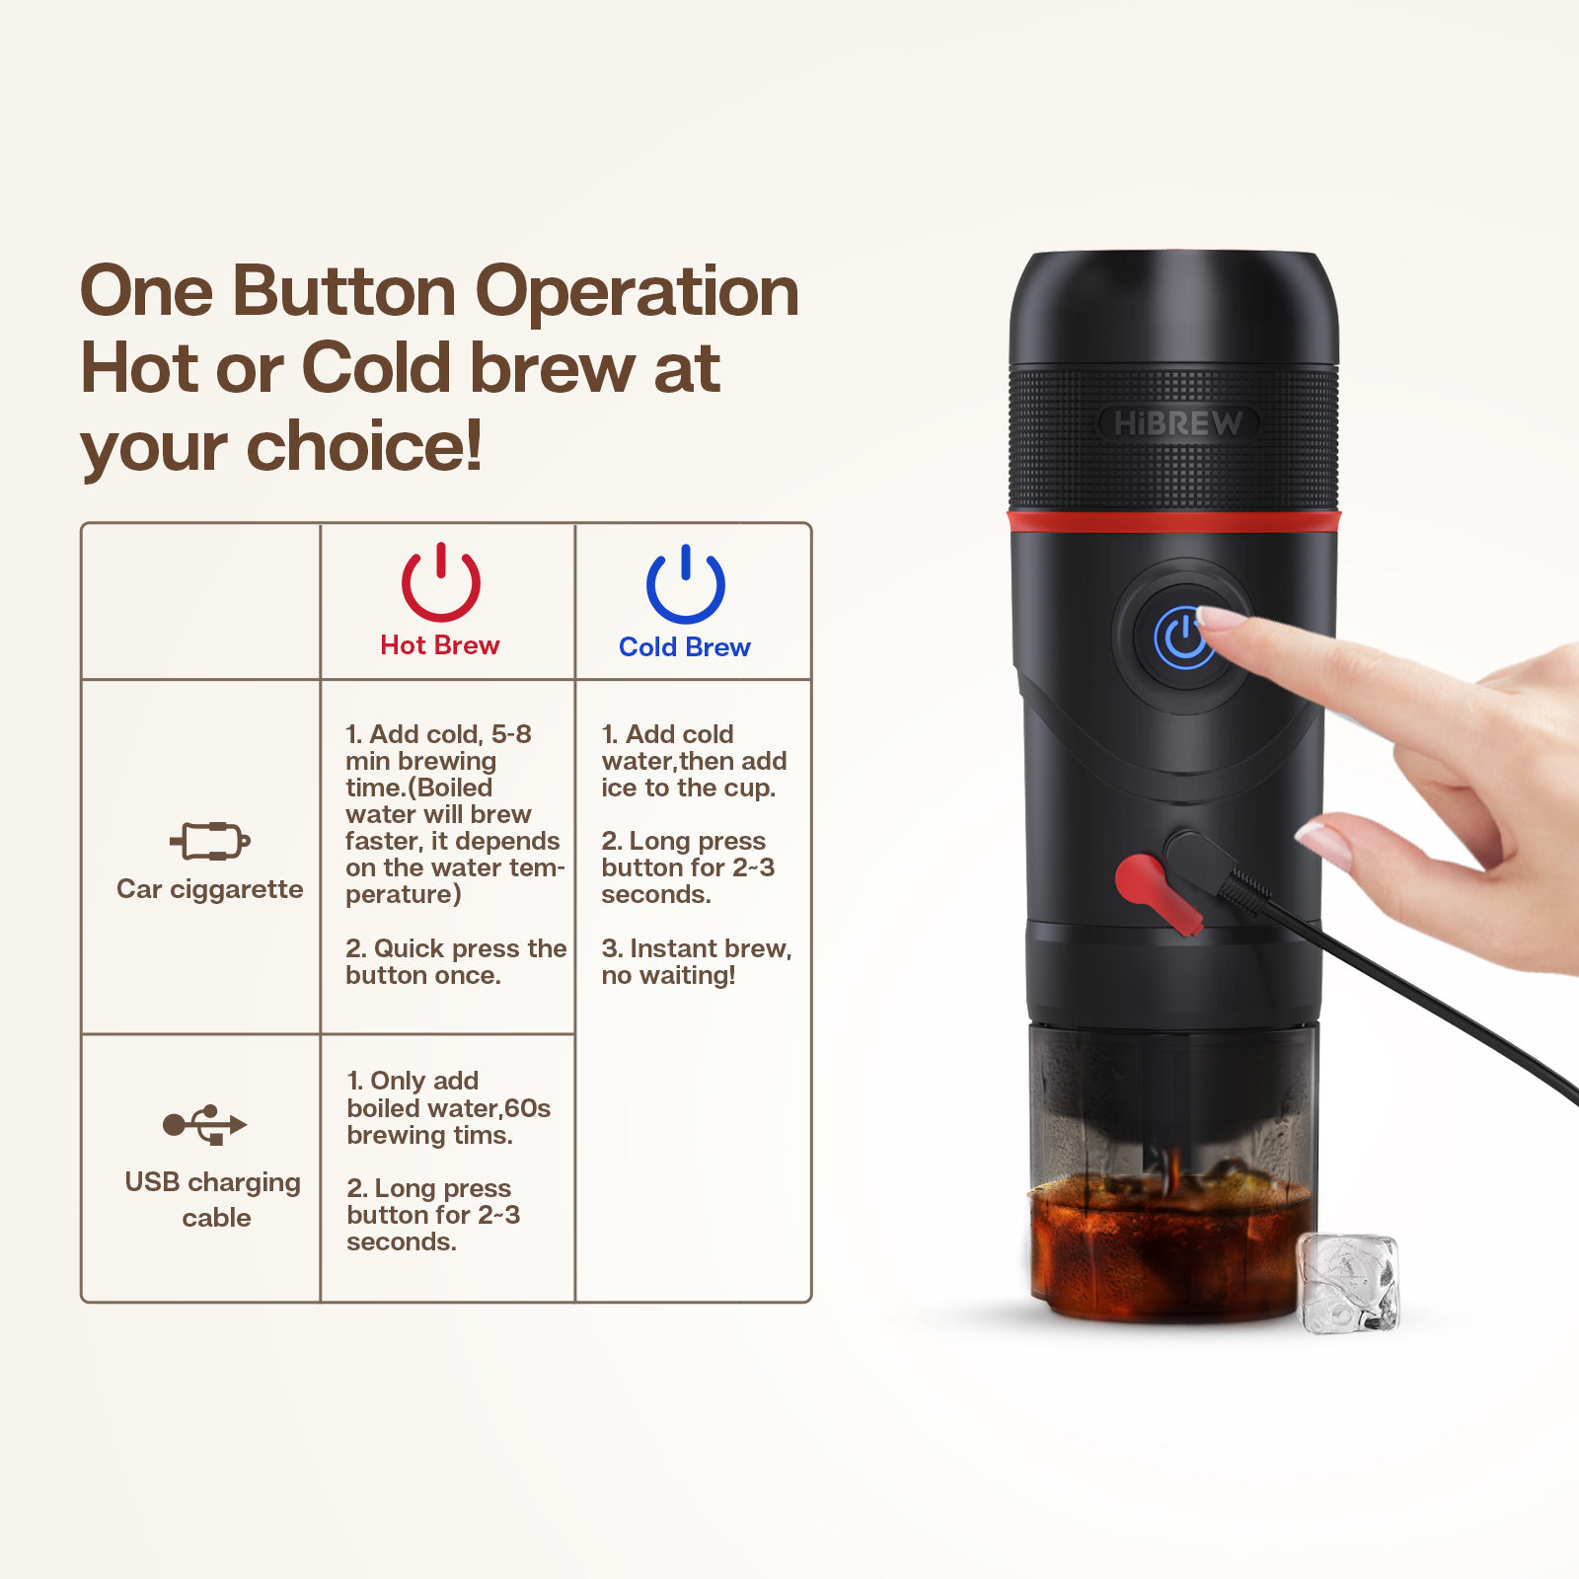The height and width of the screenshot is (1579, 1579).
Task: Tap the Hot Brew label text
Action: click(x=440, y=645)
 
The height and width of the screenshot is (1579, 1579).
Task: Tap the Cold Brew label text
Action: click(x=685, y=647)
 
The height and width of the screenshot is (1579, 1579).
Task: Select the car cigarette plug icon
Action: click(x=210, y=841)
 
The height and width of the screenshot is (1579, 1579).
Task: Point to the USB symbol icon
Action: click(x=205, y=1125)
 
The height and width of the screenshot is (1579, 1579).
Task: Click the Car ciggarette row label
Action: click(x=210, y=889)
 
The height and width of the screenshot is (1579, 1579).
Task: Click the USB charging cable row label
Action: click(x=213, y=1199)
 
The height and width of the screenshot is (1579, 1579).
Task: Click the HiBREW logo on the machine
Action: click(x=1178, y=423)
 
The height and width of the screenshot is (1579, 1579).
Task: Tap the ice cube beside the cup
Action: click(x=1348, y=1283)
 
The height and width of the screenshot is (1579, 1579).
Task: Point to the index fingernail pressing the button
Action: click(x=1222, y=619)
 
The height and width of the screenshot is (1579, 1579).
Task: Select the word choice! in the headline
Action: click(x=364, y=446)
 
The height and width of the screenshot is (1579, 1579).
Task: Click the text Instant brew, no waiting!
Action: click(x=697, y=961)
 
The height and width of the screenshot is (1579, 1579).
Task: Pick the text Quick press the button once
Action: click(x=456, y=961)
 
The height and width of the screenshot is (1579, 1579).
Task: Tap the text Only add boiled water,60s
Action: click(x=448, y=1094)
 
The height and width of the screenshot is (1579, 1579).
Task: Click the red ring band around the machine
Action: click(x=1173, y=521)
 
